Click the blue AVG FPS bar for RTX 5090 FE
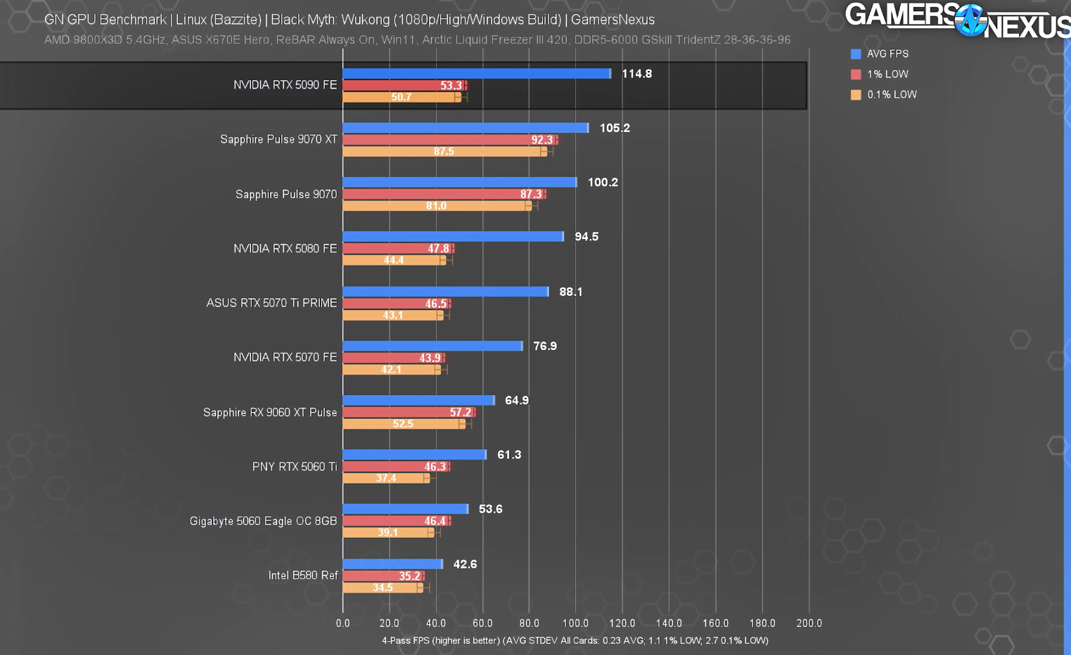477,74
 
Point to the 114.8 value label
636,74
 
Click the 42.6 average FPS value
465,564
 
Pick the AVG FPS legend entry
887,54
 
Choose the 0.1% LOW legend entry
891,95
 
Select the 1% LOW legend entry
887,74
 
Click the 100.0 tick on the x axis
575,623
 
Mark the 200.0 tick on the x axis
809,623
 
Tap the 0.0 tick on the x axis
343,623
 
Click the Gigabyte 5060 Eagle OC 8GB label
263,521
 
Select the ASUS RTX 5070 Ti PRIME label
271,303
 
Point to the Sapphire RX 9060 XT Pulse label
270,413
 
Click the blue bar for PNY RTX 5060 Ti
414,455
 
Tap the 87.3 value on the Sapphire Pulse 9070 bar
531,195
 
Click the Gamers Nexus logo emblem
971,20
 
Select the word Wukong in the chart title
365,20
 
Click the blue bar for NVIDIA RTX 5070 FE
432,346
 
